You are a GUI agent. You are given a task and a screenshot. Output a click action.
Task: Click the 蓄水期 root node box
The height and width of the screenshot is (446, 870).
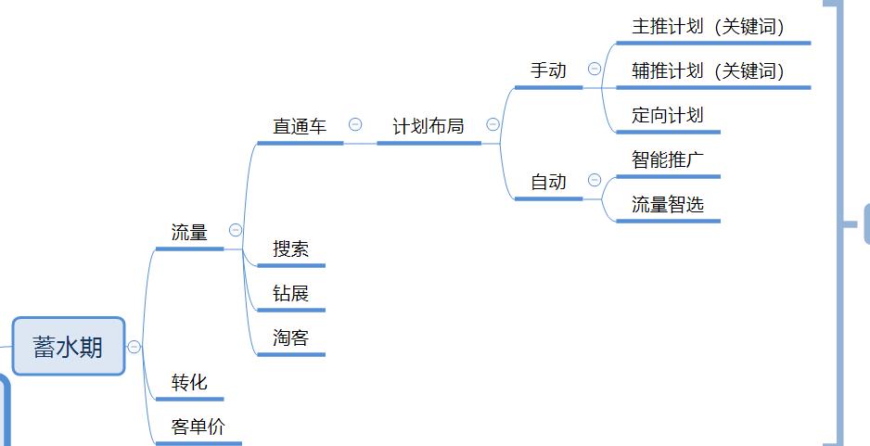point(69,347)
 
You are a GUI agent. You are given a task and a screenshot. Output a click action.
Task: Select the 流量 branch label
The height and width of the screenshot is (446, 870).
point(189,233)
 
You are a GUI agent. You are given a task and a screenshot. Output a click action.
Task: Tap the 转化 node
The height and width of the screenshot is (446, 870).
point(189,382)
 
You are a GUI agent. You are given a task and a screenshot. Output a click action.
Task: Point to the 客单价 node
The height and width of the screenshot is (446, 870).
point(198,427)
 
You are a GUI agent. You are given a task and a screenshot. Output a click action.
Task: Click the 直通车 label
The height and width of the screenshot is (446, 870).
point(300,126)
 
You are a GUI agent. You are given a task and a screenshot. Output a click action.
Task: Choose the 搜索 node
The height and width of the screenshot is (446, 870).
point(290,248)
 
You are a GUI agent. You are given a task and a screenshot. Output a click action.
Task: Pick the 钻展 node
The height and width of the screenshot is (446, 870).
point(290,293)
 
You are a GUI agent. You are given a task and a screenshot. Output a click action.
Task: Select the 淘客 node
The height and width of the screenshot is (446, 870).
point(290,338)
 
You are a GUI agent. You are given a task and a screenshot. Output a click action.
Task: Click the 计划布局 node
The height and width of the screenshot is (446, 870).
point(429,126)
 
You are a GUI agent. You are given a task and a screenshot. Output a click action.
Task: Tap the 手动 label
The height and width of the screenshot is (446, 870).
point(548,70)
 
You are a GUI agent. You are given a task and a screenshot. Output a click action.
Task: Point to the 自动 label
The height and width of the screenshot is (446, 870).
point(548,182)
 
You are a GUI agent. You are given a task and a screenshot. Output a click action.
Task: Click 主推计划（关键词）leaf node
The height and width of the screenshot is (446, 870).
point(709,27)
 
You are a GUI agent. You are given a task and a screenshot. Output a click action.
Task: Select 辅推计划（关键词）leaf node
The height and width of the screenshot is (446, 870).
point(709,71)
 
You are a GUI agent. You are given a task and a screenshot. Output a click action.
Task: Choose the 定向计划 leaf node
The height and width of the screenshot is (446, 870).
point(668,115)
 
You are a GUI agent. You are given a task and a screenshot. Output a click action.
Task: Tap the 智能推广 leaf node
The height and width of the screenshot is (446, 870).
point(668,159)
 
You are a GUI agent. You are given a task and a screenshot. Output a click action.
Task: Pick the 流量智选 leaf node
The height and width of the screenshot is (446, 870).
point(668,204)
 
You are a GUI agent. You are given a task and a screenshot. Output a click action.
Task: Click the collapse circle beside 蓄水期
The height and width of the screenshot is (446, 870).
point(134,347)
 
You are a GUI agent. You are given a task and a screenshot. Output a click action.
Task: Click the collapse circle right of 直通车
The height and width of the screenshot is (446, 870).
point(355,124)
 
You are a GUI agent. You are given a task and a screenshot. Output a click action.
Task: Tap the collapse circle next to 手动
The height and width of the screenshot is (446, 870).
point(595,69)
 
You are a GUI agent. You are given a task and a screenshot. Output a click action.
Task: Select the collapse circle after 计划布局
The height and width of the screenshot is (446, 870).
point(493,124)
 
